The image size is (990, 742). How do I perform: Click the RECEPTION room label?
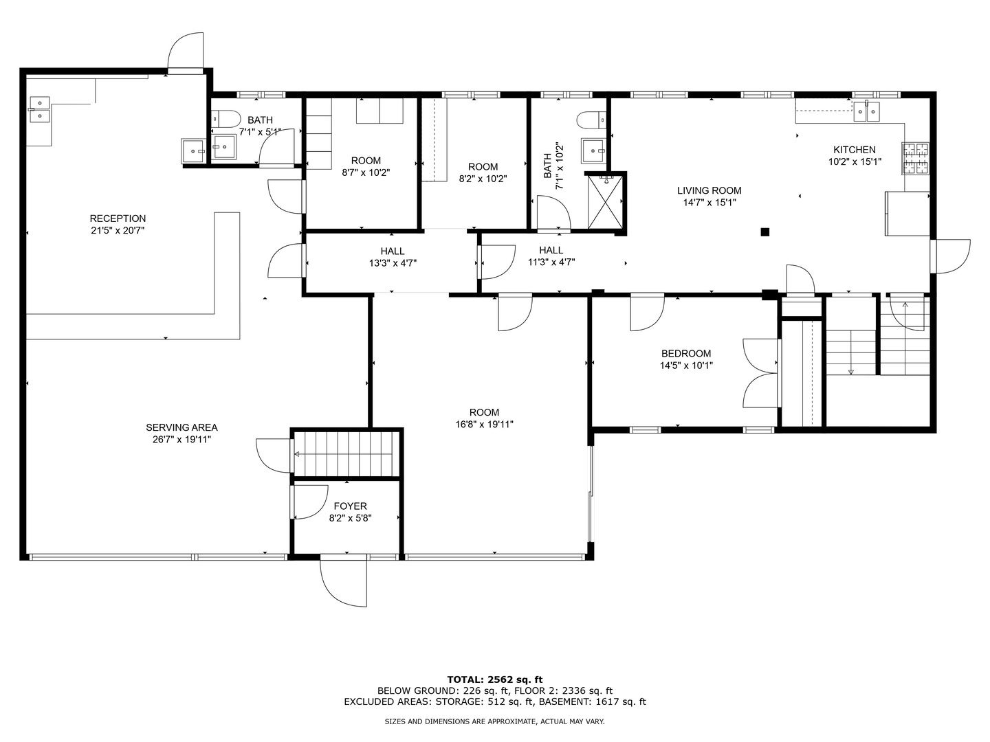118,218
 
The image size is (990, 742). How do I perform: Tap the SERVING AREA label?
181,427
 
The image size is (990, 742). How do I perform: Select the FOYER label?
351,506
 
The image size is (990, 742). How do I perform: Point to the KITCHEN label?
855,150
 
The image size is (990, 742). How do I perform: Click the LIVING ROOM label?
709,190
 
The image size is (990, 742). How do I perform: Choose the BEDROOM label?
686,354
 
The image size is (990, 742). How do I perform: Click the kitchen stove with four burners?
915,158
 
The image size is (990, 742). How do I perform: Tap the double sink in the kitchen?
866,111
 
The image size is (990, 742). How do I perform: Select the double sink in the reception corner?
40,109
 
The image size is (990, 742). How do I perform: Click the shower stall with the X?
605,202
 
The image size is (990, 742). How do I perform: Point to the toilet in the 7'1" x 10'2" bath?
591,120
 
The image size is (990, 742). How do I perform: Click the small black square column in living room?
765,232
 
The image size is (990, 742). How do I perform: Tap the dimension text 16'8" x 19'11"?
485,424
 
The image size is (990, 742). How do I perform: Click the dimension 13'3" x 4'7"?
393,263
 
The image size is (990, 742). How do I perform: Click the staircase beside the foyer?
346,453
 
